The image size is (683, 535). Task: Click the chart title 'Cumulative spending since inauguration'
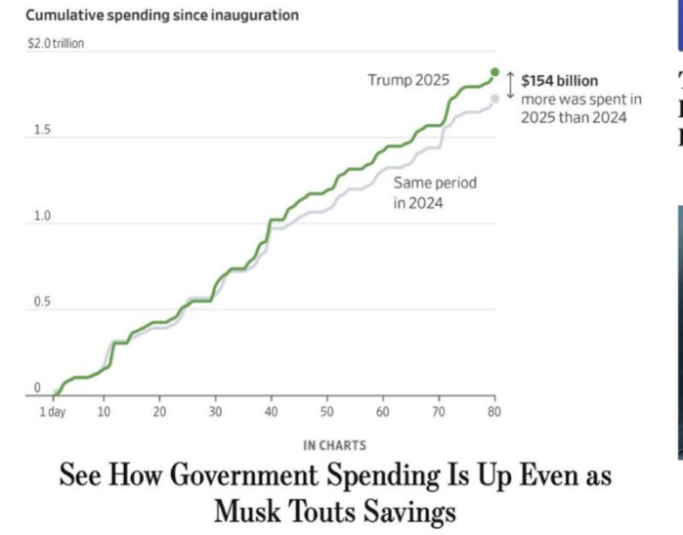coord(161,16)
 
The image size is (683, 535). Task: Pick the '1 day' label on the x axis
coord(51,412)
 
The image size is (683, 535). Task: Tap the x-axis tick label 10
coord(104,412)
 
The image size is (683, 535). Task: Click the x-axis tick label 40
coord(272,412)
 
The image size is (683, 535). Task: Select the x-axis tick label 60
coord(382,412)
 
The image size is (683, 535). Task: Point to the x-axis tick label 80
coord(493,412)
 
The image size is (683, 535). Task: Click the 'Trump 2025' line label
coord(408,81)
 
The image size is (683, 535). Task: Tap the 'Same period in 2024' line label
coord(434,193)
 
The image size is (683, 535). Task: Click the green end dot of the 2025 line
coord(494,72)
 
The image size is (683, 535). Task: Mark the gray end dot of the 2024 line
coord(494,98)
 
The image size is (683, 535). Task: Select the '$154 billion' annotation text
coord(559,82)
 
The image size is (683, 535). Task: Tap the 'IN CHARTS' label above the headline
coord(334,445)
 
